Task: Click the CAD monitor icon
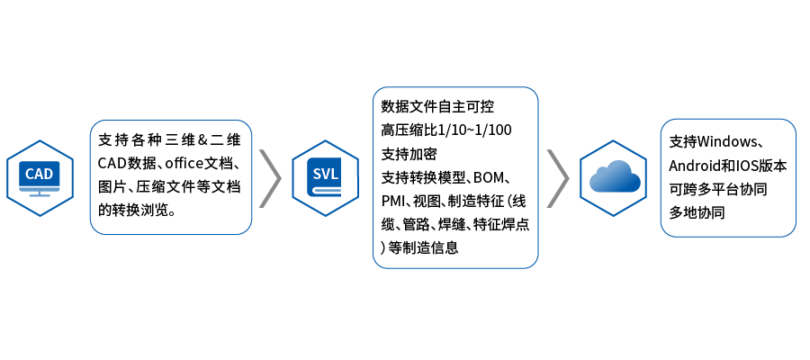(40, 176)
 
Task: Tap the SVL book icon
(325, 176)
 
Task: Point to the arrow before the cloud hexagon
(558, 177)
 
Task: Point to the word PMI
(394, 200)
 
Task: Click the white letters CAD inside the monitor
(40, 173)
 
